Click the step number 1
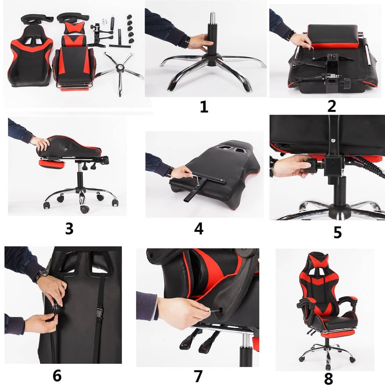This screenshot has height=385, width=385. point(204,107)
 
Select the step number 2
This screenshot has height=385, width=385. point(332,106)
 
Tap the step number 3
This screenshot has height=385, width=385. point(69,228)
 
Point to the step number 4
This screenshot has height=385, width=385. point(199,228)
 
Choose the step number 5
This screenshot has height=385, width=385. point(338,232)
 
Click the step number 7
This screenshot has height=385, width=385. point(198,376)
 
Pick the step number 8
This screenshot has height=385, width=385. point(329,378)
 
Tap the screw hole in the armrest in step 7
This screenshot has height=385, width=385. point(220,309)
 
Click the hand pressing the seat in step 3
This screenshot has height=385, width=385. point(41,144)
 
